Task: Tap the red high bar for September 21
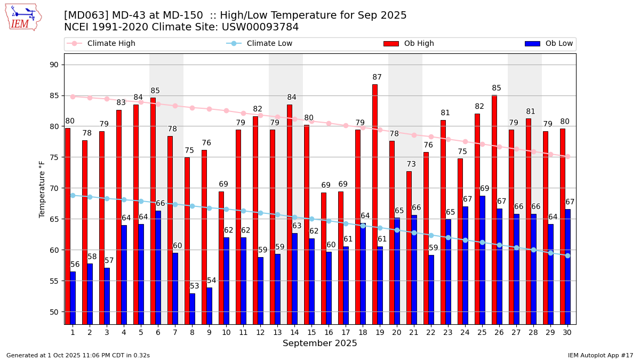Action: (409, 247)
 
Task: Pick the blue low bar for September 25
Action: (482, 260)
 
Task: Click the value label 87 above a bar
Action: (377, 77)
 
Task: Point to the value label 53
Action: (194, 286)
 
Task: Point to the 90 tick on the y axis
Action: (54, 65)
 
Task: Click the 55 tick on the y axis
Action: (54, 281)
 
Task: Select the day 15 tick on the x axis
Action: (311, 332)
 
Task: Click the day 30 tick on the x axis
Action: (567, 332)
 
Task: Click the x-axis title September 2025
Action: (320, 343)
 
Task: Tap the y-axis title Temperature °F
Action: (43, 189)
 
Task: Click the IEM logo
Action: (23, 17)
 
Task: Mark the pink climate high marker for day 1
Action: (73, 97)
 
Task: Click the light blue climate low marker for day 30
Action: (567, 255)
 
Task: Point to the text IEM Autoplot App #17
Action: (600, 355)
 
